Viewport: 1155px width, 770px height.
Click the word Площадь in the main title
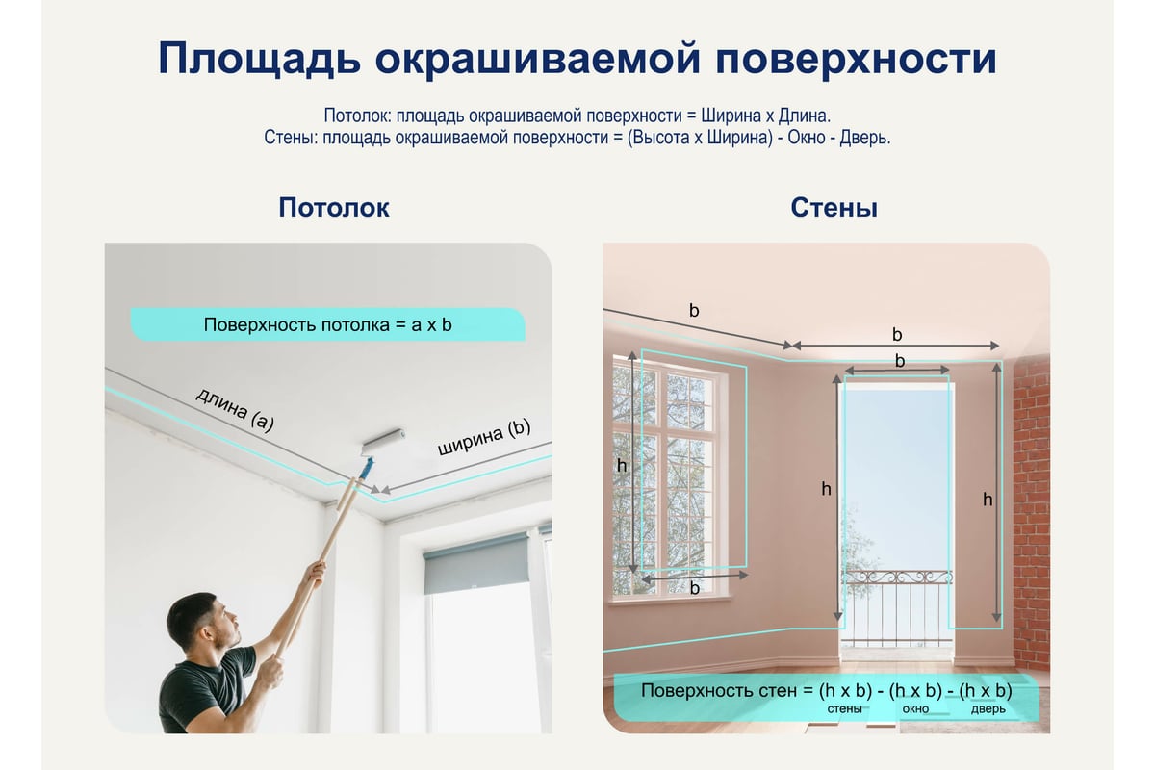point(259,60)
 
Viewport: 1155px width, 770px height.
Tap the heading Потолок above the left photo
point(334,208)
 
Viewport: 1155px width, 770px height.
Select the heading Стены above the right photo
point(834,208)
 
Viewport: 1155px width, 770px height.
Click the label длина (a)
point(235,410)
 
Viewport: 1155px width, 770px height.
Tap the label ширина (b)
point(484,437)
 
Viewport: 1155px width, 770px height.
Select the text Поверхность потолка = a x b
point(327,325)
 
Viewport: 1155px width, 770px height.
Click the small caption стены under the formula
point(844,709)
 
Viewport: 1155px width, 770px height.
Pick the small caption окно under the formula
point(915,709)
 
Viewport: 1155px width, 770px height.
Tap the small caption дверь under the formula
point(988,709)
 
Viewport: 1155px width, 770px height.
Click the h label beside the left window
point(622,466)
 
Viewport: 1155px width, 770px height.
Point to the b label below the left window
point(695,588)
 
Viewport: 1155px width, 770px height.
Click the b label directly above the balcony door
point(900,361)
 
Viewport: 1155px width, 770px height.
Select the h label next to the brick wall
point(988,500)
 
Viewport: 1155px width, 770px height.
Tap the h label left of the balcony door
point(826,489)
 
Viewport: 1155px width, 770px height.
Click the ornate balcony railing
point(897,608)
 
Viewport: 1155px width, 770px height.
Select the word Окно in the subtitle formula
point(807,138)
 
